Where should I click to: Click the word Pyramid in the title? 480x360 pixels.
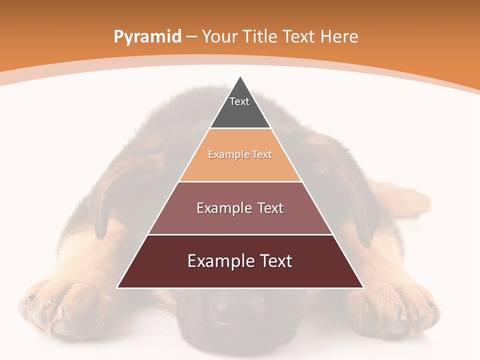click(147, 37)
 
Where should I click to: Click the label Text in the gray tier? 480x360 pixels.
click(239, 101)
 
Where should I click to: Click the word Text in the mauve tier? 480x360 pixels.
click(270, 208)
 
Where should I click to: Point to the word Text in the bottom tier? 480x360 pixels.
click(274, 261)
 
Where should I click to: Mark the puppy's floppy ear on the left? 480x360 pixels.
click(107, 200)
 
